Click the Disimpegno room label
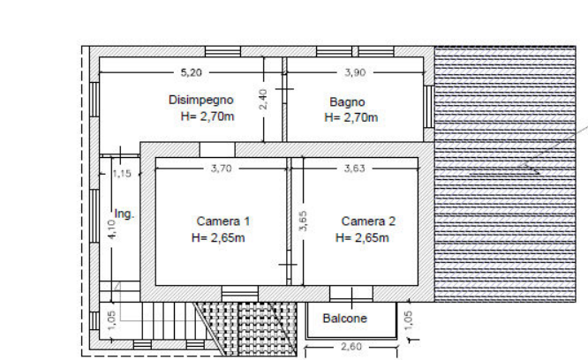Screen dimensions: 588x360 [x=201, y=100]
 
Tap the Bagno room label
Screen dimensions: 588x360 [x=347, y=101]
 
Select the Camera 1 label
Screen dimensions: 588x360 [x=223, y=221]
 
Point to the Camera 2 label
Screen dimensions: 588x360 [x=368, y=221]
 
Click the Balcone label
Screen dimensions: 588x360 [x=344, y=319]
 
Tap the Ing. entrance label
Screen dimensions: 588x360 [x=124, y=214]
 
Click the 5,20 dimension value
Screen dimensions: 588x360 [x=192, y=72]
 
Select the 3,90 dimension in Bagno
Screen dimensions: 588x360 [x=355, y=72]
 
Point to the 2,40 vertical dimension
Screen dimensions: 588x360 [x=263, y=99]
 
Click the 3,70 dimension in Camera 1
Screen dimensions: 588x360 [x=222, y=169]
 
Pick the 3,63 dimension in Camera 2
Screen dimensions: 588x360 [x=354, y=169]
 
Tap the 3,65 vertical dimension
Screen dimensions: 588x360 [x=304, y=221]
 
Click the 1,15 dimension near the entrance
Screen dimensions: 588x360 [x=122, y=174]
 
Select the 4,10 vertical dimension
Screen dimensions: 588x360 [x=112, y=229]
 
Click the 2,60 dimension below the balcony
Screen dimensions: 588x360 [x=351, y=347]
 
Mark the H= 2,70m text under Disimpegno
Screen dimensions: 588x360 [x=207, y=116]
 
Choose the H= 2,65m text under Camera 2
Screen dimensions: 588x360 [x=362, y=238]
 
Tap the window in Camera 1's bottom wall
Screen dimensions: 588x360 [x=239, y=294]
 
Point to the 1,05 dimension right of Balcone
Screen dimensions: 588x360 [x=409, y=320]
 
